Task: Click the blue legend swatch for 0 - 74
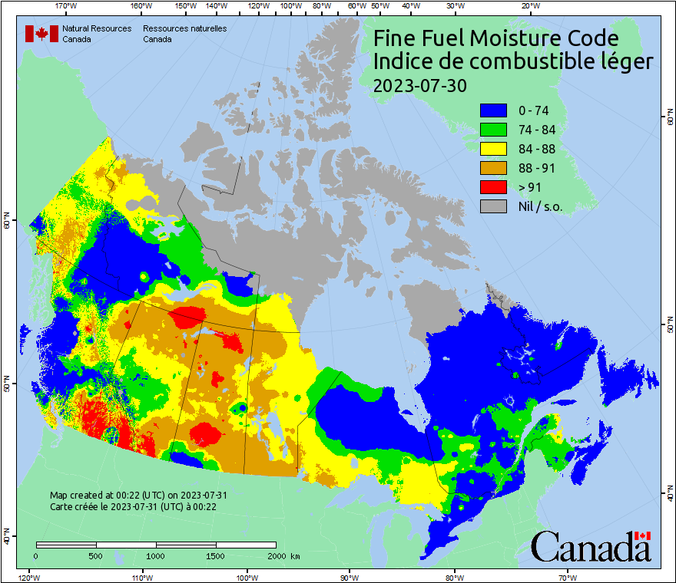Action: point(494,110)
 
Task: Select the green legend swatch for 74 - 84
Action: point(494,130)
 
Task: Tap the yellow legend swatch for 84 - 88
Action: point(494,149)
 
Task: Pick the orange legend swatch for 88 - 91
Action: point(494,168)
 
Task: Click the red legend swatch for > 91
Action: point(494,187)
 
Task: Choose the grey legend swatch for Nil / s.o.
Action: point(494,206)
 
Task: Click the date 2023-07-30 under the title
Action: point(419,85)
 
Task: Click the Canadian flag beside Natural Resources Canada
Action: point(41,33)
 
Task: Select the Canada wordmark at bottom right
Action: point(591,546)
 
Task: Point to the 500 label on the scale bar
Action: point(96,556)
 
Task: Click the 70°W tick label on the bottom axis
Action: point(567,576)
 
